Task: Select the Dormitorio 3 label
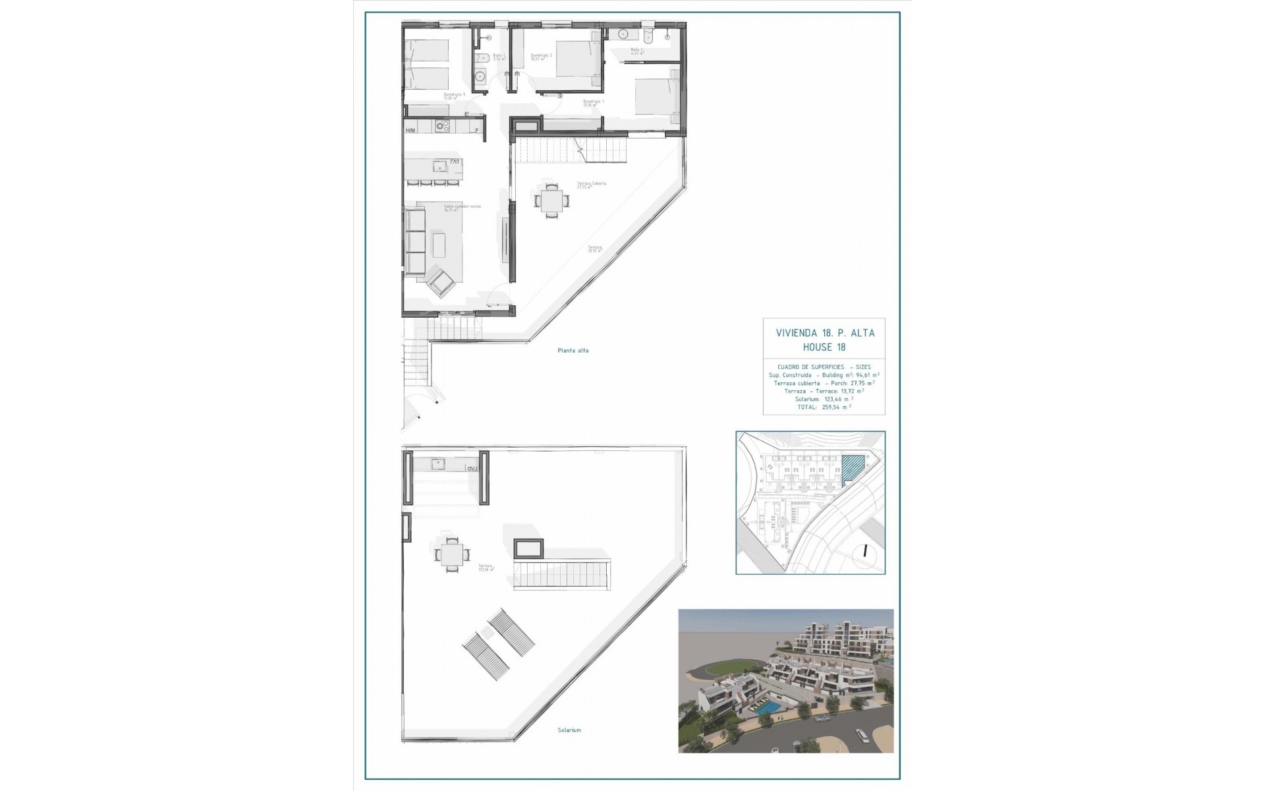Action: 455,96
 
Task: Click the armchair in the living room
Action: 440,284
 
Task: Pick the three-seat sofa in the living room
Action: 415,241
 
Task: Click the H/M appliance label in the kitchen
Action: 410,131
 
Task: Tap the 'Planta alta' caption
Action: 573,351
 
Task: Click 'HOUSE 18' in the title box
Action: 824,347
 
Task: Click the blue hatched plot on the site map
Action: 853,470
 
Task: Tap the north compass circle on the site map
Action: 863,552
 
